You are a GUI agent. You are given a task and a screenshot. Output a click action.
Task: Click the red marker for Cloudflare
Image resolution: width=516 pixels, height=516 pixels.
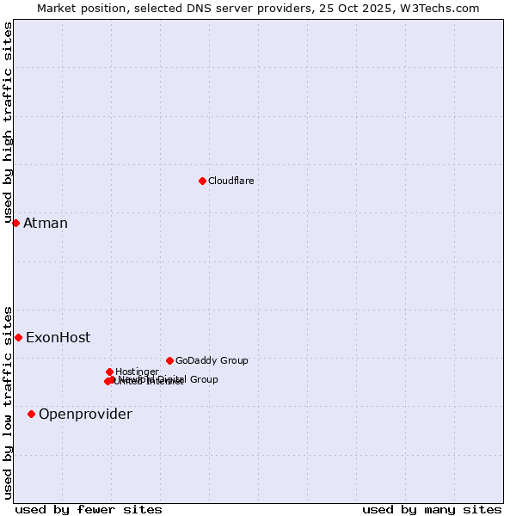tap(202, 181)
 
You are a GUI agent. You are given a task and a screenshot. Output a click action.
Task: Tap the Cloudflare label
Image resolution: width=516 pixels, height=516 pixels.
tap(230, 181)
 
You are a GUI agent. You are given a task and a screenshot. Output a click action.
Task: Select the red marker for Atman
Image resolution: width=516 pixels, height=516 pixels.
tap(15, 223)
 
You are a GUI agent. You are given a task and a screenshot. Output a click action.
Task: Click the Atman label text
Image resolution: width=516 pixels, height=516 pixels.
tap(45, 224)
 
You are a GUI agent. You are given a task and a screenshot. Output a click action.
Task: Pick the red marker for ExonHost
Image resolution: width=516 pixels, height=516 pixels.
tap(18, 337)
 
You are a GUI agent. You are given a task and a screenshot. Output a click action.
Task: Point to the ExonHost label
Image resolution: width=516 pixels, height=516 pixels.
tap(58, 338)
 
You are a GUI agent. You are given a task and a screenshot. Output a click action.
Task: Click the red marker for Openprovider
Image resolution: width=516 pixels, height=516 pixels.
tap(31, 414)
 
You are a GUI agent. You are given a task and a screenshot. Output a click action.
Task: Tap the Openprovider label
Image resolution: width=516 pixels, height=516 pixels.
tap(85, 415)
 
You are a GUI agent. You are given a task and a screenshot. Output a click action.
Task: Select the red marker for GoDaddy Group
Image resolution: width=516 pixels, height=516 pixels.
tap(169, 360)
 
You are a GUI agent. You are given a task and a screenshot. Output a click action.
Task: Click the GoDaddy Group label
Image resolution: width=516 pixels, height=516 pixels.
tap(212, 360)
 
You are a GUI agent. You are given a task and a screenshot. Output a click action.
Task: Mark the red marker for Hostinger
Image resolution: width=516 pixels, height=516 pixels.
tap(109, 372)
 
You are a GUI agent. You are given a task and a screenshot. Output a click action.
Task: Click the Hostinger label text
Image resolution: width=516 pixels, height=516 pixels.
tap(137, 372)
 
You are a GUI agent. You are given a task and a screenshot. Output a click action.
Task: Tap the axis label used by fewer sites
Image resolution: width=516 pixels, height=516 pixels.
tap(89, 509)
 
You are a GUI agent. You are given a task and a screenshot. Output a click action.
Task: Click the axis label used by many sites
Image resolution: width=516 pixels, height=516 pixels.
tap(432, 509)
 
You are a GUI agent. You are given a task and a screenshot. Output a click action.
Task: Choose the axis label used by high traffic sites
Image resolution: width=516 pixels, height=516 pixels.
tap(8, 123)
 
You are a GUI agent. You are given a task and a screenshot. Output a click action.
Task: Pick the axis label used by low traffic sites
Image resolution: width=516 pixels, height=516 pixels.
tap(8, 402)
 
